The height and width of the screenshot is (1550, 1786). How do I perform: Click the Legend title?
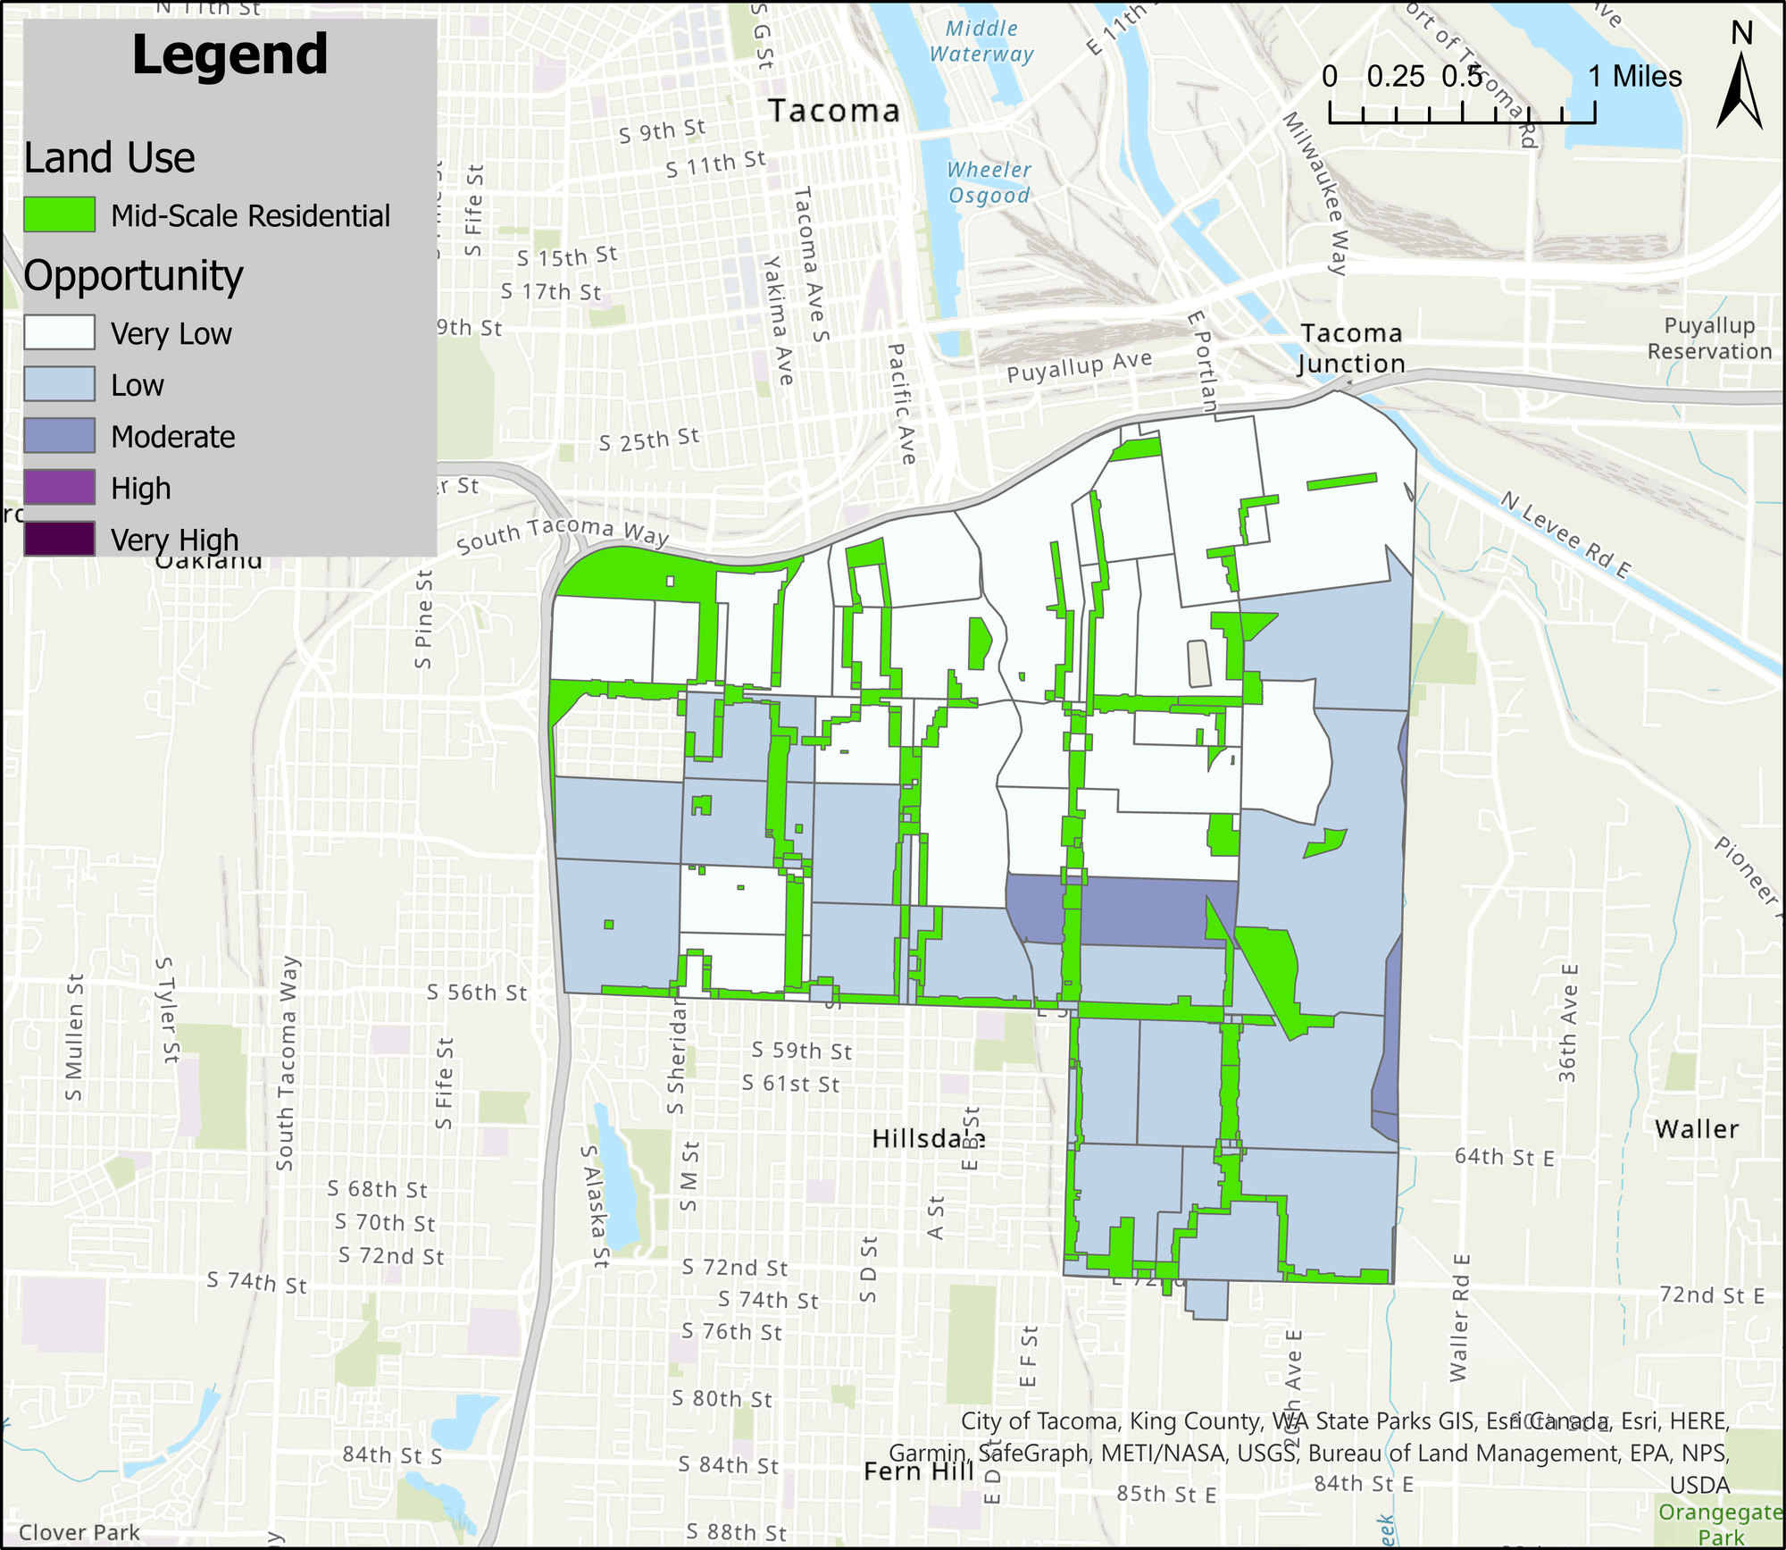(230, 55)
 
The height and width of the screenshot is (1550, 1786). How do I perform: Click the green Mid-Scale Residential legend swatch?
(59, 215)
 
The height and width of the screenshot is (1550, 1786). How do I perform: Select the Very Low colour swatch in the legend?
(59, 333)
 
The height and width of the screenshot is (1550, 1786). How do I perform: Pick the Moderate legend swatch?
(59, 436)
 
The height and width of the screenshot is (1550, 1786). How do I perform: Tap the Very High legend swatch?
(59, 539)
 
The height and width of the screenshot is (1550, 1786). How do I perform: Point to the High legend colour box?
(59, 488)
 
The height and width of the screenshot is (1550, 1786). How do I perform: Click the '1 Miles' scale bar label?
(1634, 77)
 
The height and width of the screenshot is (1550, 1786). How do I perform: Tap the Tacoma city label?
(834, 111)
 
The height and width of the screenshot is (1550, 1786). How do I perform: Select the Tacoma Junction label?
(1351, 348)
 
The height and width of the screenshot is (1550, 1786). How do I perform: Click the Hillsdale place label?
(929, 1139)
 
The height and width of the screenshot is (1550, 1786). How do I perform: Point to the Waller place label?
(1697, 1129)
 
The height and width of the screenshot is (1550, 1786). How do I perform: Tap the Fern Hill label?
(919, 1471)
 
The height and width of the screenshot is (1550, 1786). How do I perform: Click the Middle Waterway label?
(981, 41)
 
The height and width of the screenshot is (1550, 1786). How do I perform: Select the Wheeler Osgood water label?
(989, 182)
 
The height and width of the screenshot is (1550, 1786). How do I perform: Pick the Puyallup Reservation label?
(1709, 339)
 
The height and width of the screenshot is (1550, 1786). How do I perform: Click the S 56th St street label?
(477, 993)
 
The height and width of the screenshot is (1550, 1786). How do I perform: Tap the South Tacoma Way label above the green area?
(563, 533)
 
